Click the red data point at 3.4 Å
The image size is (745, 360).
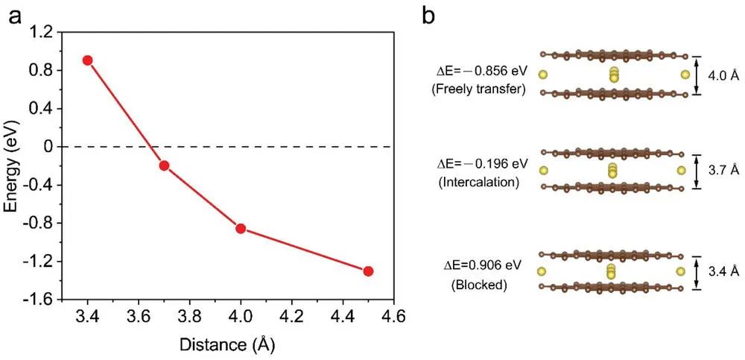pyautogui.click(x=87, y=60)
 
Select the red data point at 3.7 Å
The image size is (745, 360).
pyautogui.click(x=164, y=165)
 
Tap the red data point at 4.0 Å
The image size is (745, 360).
pyautogui.click(x=241, y=228)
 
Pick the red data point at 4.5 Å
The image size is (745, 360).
pyautogui.click(x=368, y=271)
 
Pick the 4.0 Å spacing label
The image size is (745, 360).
pyautogui.click(x=724, y=75)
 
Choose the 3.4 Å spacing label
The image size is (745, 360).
pyautogui.click(x=724, y=273)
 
